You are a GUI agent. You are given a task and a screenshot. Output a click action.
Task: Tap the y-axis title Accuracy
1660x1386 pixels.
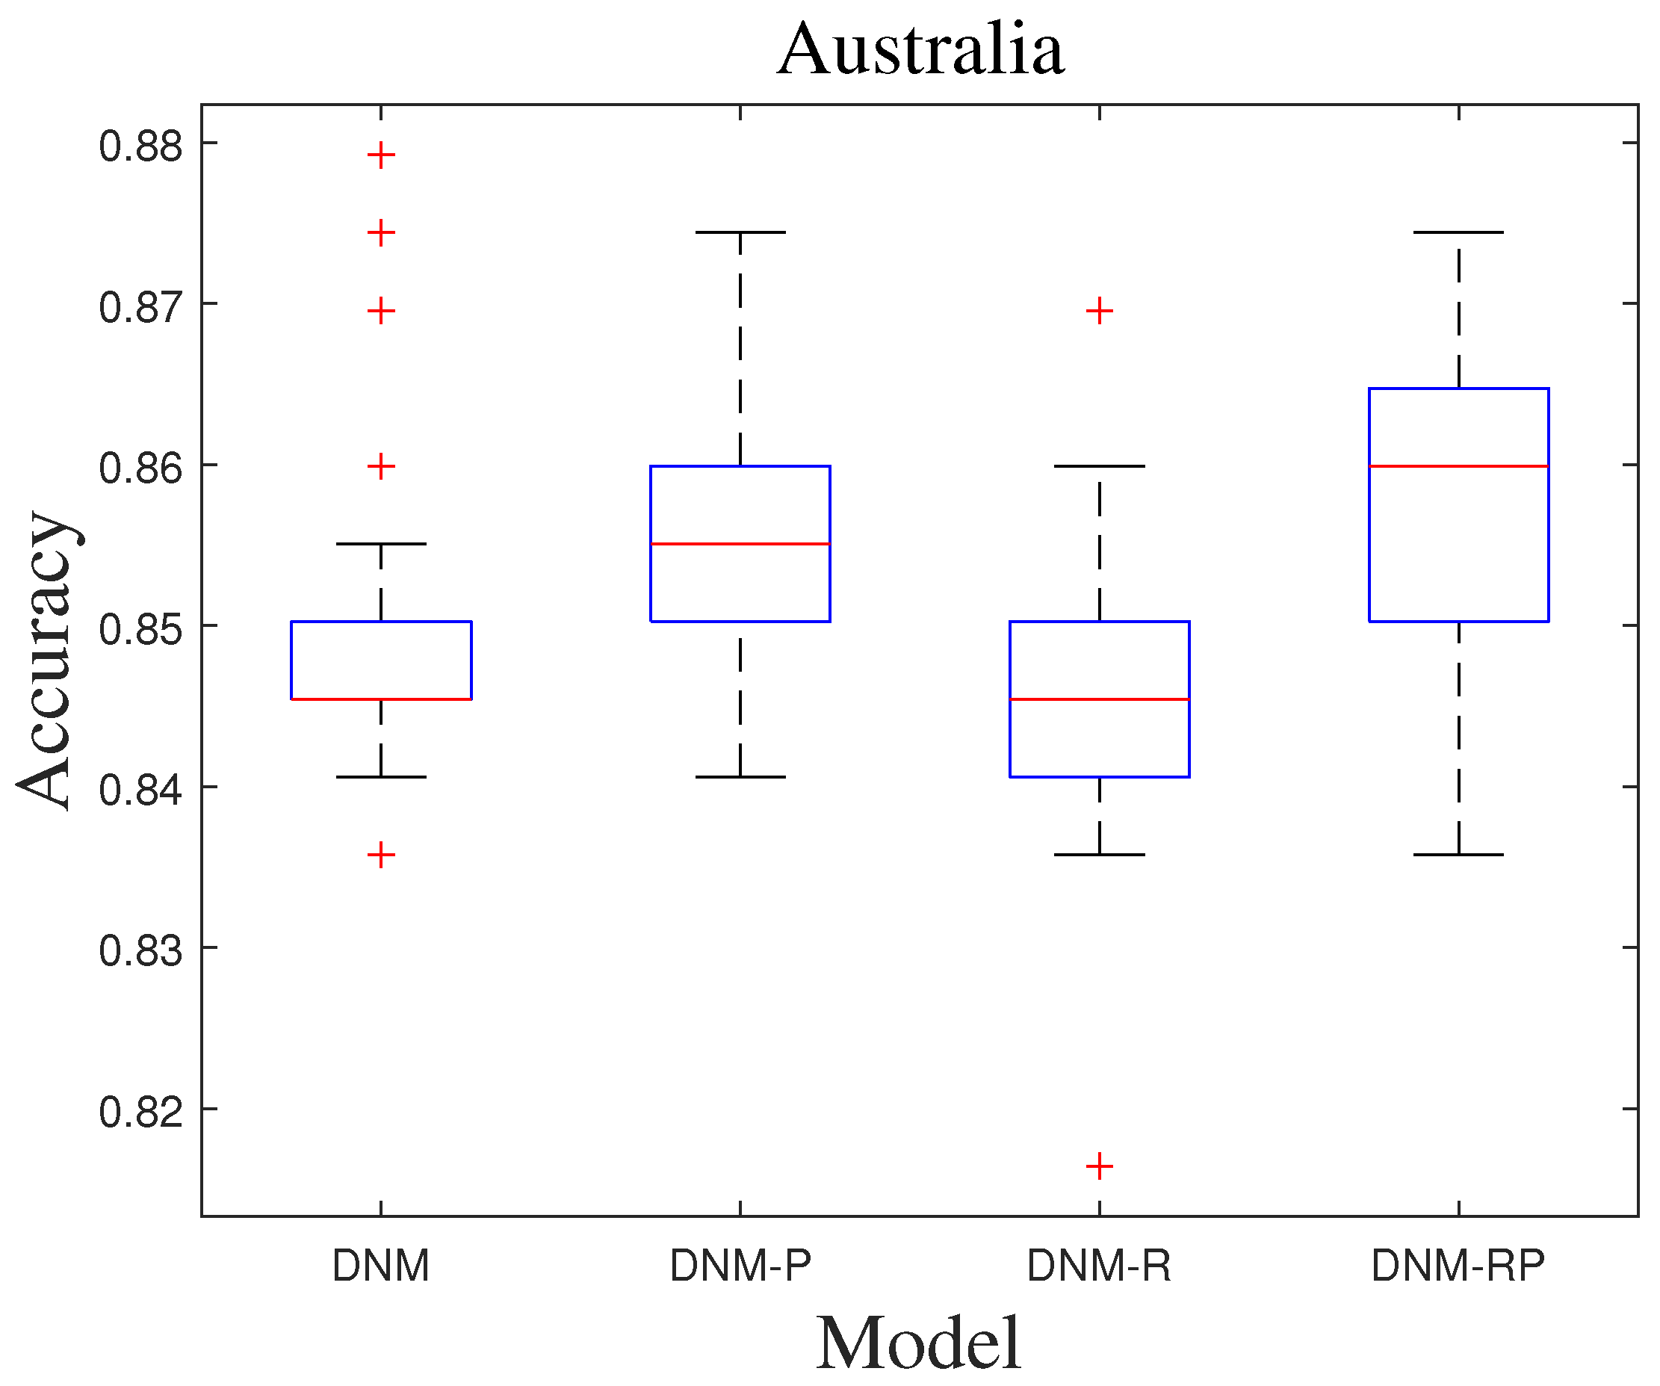[x=46, y=660]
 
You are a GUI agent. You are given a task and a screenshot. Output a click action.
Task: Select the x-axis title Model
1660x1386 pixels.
[x=919, y=1343]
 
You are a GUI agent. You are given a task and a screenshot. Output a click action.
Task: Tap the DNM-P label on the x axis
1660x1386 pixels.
[x=740, y=1266]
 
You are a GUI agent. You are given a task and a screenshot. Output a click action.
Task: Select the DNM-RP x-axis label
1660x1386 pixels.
[x=1458, y=1266]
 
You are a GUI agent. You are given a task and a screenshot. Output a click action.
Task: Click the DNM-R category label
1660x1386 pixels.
[x=1099, y=1266]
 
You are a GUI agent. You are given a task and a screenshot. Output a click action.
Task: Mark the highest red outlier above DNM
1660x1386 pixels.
[x=381, y=155]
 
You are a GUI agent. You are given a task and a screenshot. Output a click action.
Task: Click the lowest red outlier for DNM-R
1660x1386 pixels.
[x=1100, y=1166]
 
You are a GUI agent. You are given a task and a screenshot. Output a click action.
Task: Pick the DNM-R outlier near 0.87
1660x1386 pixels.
[x=1100, y=312]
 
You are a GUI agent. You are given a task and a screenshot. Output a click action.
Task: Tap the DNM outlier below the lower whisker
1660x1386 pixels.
[x=381, y=855]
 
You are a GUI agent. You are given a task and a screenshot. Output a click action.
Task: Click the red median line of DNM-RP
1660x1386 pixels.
[x=1458, y=466]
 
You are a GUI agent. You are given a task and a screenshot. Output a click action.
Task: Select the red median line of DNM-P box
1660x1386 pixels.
[x=740, y=544]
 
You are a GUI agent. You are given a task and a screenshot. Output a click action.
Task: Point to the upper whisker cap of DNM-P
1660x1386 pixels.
[x=740, y=232]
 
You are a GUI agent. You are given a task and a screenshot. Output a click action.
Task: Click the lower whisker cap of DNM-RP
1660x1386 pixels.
[x=1458, y=855]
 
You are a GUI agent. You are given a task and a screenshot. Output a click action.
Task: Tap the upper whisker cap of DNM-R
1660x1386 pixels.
[x=1100, y=466]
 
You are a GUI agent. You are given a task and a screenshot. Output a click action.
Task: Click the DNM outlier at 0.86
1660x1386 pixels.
[x=381, y=466]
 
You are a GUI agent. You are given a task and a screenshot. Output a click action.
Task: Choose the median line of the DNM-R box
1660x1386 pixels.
[x=1100, y=699]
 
